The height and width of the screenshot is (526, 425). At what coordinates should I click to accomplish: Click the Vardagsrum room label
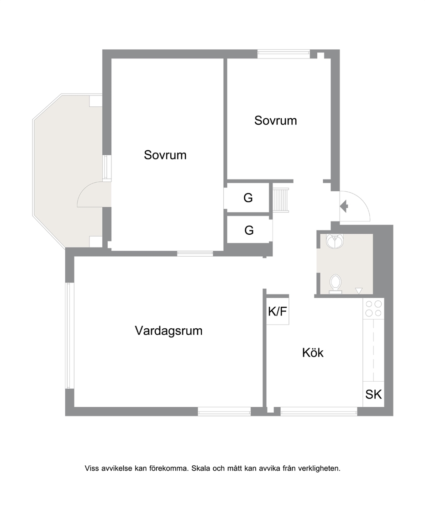169,331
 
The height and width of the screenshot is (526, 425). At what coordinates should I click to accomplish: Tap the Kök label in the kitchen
313,353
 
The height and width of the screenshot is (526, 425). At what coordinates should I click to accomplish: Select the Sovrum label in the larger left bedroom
165,155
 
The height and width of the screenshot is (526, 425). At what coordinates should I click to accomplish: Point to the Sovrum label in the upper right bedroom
275,121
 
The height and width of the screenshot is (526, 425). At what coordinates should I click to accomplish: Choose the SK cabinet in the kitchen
373,394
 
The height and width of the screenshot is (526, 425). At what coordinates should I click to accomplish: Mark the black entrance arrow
344,206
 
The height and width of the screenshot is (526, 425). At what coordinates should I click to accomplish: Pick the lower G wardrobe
248,230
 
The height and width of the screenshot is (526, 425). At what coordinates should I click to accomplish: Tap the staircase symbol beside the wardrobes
281,200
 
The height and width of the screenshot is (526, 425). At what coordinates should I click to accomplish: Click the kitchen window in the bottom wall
319,411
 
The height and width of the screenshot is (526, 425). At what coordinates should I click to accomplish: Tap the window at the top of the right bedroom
283,54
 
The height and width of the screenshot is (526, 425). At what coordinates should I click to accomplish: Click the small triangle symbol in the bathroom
359,291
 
